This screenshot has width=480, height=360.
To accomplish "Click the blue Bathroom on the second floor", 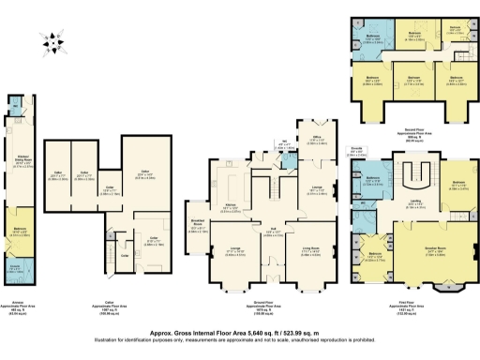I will point(368,39).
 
